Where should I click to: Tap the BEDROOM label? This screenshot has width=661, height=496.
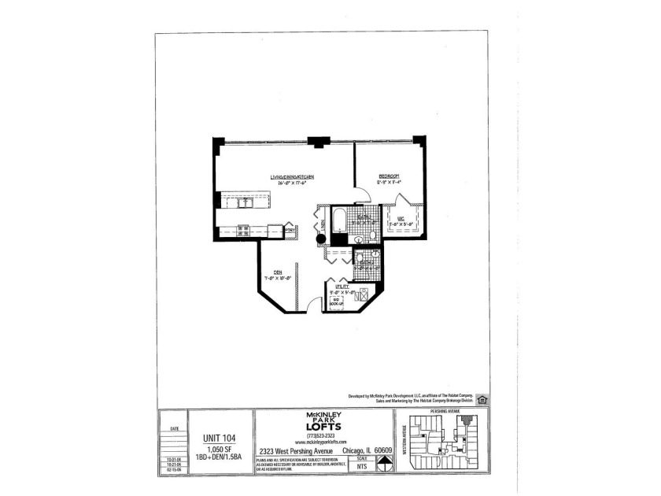[389, 176]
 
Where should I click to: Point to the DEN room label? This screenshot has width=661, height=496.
[278, 272]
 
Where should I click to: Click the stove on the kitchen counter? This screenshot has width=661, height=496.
[244, 231]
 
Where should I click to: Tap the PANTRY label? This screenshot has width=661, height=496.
[290, 230]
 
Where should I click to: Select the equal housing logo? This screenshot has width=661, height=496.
[482, 399]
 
